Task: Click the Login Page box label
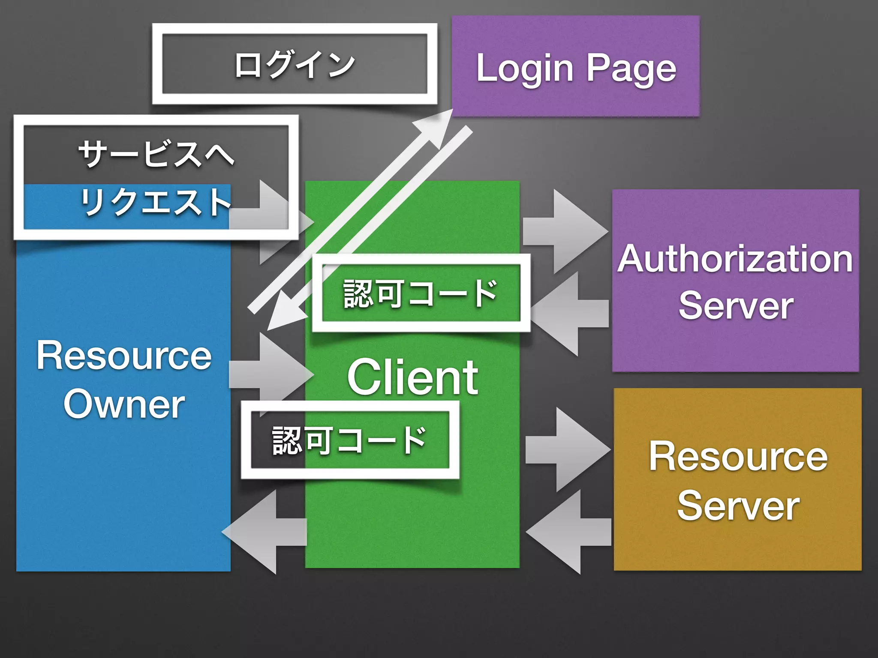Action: (x=576, y=68)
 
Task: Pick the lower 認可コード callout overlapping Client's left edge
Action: (x=349, y=440)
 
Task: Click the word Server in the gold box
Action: (x=738, y=506)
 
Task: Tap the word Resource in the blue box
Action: (x=124, y=355)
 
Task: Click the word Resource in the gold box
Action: (x=738, y=457)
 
